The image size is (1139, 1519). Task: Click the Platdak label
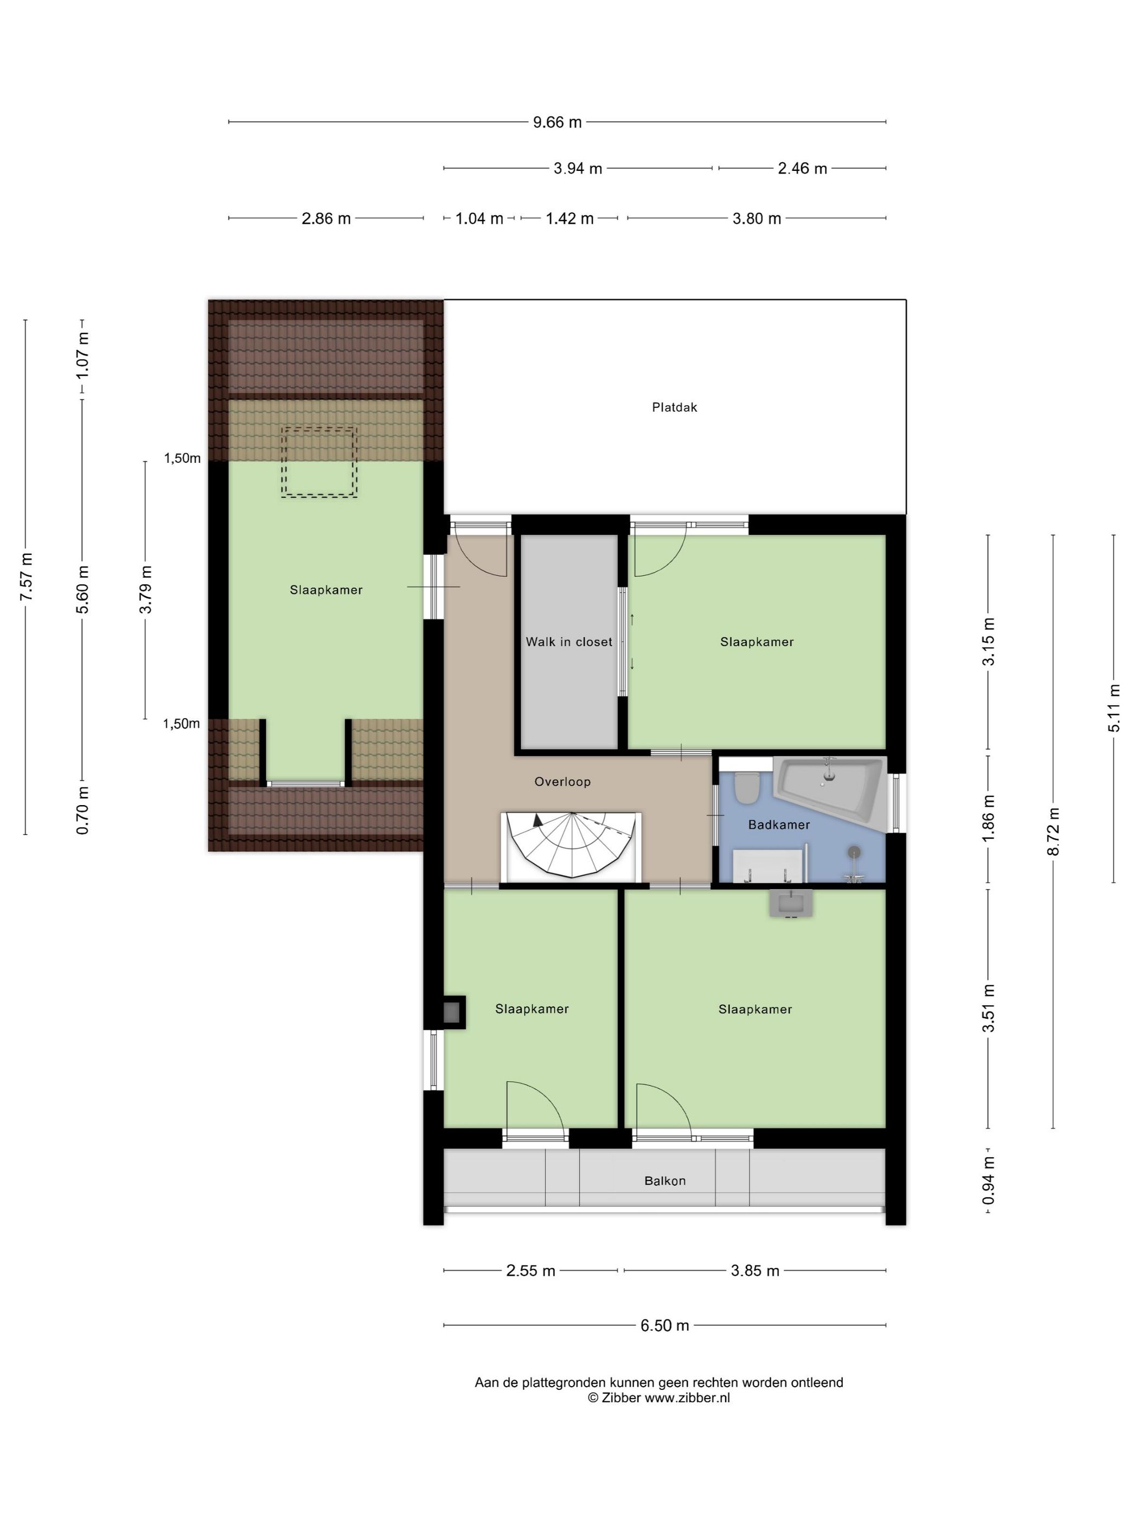point(674,407)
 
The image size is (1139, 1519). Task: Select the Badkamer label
point(778,824)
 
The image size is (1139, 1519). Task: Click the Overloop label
point(562,782)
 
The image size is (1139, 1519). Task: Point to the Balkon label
point(664,1180)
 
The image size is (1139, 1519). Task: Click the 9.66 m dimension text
point(558,122)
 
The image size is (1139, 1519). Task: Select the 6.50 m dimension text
point(664,1325)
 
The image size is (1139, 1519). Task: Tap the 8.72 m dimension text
point(1053,831)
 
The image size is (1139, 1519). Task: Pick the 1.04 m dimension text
point(480,219)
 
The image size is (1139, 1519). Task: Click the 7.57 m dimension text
point(25,577)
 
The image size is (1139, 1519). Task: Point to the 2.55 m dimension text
point(530,1271)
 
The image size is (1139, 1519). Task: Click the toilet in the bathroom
point(746,788)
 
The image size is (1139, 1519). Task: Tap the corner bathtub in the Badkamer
point(829,790)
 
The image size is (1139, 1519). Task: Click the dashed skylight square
point(318,461)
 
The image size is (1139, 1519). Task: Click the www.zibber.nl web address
point(687,1397)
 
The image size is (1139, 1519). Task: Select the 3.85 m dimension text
point(755,1271)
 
